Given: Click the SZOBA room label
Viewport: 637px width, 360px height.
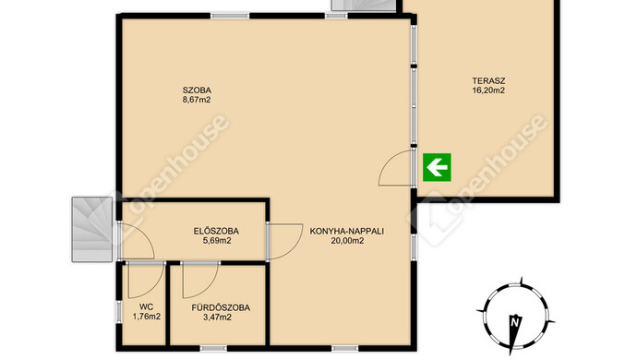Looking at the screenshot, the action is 197,90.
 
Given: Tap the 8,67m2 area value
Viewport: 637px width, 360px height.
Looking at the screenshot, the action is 197,100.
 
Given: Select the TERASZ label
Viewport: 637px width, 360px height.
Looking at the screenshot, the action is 488,81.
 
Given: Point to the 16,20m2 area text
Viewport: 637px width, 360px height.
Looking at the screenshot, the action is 488,90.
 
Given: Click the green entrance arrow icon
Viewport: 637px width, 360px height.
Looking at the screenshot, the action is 437,167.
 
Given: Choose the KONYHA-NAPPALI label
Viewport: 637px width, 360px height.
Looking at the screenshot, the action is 347,231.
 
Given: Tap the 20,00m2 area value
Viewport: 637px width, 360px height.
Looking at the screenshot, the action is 347,241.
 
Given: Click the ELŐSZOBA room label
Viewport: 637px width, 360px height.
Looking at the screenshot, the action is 216,231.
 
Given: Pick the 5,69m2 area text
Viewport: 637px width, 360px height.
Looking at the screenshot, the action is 217,241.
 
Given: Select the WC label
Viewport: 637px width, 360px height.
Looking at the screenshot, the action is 146,307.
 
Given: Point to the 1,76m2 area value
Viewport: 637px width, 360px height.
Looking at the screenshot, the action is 146,317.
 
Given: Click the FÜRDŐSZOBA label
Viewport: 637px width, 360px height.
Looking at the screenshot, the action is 221,307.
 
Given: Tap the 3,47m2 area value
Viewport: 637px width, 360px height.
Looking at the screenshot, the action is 217,317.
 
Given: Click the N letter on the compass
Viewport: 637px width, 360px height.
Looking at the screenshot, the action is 515,323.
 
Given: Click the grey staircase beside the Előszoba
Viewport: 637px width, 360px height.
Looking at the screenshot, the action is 92,229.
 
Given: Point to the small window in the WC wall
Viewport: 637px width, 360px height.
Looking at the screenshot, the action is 118,312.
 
